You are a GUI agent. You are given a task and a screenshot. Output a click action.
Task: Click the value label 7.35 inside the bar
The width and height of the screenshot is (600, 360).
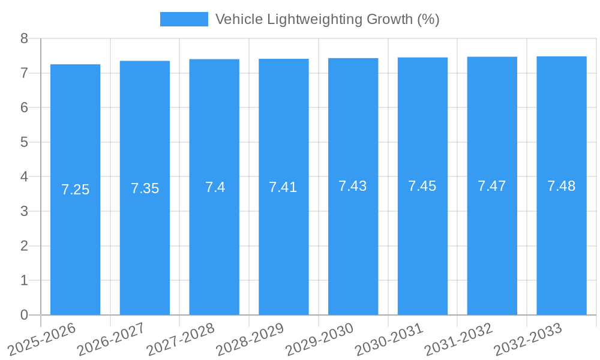coord(145,188)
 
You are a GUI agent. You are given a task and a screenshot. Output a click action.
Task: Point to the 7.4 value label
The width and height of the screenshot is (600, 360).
coord(214,187)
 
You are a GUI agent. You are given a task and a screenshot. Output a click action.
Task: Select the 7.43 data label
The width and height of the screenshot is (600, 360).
coord(353,186)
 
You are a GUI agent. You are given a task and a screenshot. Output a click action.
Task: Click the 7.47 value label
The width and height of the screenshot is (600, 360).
coord(492,186)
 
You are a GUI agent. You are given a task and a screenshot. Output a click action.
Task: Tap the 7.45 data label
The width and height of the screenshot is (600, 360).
coord(422,186)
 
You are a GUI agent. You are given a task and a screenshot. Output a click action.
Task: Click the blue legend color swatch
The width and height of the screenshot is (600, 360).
coord(184,19)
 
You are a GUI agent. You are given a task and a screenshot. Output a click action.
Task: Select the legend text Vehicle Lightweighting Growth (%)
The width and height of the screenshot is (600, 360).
coord(327,19)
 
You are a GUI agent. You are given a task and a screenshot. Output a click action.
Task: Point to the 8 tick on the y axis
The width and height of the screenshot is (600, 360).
coord(24,38)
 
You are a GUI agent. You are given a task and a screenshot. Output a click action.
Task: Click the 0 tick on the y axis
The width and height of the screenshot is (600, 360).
coord(24,315)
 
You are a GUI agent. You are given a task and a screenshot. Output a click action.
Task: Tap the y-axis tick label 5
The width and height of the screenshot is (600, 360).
coord(24,142)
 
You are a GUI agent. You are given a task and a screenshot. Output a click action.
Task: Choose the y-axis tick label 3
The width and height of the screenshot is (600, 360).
coord(24,211)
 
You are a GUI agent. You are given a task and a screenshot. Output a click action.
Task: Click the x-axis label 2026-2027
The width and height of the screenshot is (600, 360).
coord(111,340)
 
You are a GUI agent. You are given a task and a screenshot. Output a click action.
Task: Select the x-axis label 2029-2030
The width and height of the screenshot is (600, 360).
coord(319,340)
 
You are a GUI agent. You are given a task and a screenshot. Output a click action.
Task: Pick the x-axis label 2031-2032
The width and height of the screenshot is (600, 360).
coord(458,340)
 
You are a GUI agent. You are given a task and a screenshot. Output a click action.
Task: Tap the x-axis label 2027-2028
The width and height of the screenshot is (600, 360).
coord(181,340)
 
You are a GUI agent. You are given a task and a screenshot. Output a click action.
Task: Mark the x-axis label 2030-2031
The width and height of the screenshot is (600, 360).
coord(389,340)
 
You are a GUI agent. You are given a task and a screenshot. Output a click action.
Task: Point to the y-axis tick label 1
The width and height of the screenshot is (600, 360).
coord(24,280)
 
